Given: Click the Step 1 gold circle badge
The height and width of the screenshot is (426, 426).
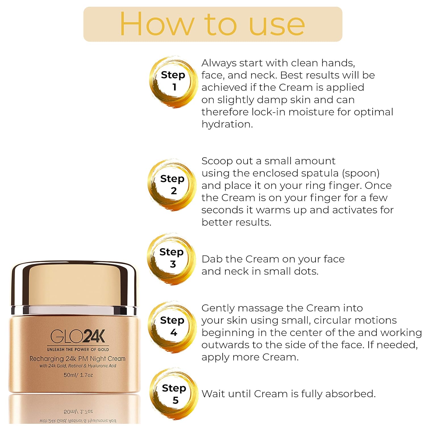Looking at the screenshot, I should (173, 81).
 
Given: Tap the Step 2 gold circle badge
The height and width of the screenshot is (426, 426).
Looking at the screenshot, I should (172, 185).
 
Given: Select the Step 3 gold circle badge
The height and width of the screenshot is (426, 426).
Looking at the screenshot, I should (172, 258).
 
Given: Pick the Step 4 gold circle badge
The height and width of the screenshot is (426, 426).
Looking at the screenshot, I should (172, 327).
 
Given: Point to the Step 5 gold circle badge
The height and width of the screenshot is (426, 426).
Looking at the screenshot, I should (174, 394).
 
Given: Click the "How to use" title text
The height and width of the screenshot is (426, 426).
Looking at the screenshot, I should (212, 24).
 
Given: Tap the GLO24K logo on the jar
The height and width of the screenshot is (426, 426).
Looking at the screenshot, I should (78, 337).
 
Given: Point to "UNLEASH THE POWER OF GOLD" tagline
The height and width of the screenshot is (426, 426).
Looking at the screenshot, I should (78, 350).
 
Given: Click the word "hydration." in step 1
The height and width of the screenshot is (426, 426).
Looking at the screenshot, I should (227, 124).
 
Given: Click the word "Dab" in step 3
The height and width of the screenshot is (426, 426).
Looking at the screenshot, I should (212, 259).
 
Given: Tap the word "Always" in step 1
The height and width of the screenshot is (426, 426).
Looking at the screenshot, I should (219, 63).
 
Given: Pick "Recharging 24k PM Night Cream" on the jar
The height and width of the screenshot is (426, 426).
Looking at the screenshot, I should (78, 359).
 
